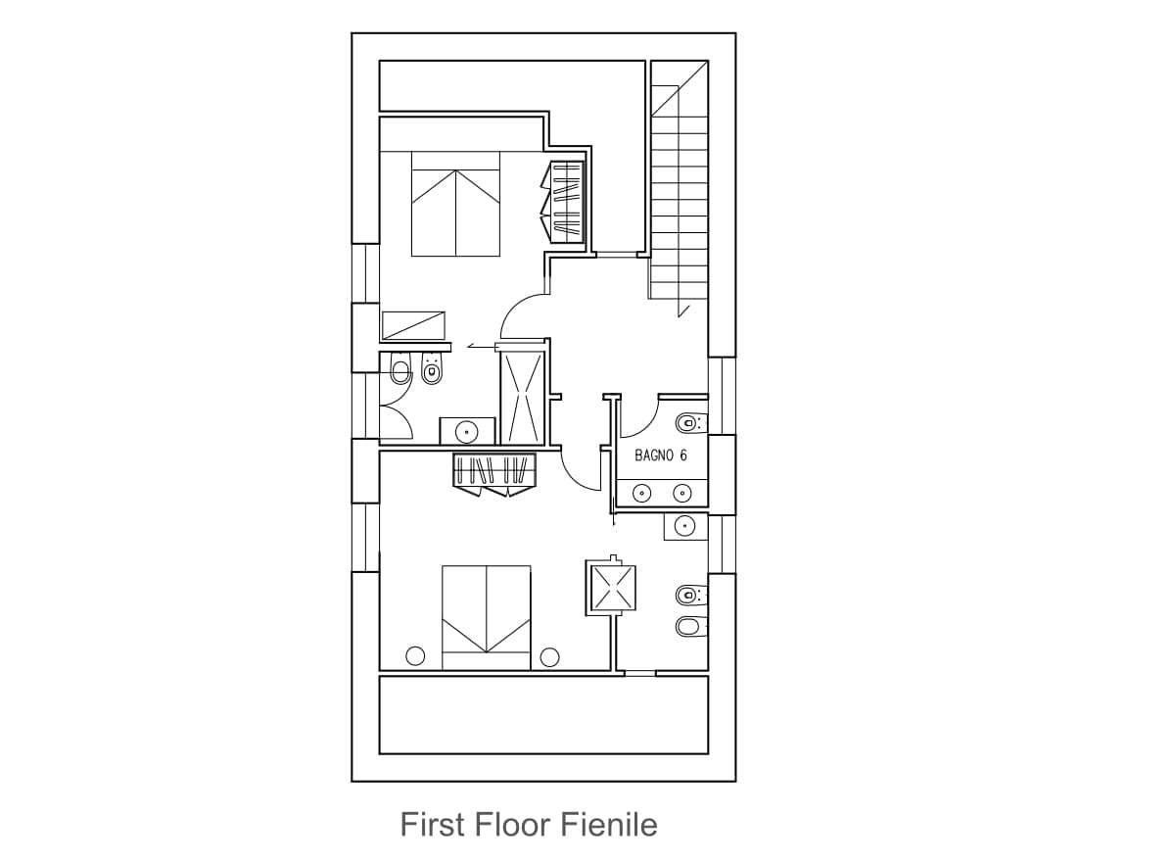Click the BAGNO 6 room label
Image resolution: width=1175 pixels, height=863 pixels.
click(x=660, y=455)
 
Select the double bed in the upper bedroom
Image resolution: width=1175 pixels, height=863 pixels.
click(x=455, y=204)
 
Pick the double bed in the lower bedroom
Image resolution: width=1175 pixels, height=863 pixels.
click(x=487, y=617)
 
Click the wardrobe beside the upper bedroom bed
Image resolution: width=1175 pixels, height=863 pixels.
click(x=562, y=202)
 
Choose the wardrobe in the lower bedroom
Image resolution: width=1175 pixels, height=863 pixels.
click(x=494, y=475)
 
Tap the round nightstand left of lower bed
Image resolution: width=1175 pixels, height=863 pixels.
click(x=415, y=655)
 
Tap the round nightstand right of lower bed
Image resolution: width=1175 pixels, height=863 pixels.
click(x=549, y=657)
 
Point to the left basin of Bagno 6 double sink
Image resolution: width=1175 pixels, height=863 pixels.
click(x=642, y=493)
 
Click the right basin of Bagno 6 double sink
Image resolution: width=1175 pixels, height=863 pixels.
click(x=681, y=493)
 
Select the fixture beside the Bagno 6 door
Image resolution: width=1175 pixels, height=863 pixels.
click(x=692, y=422)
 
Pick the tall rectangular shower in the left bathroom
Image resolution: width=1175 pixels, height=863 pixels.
click(x=522, y=398)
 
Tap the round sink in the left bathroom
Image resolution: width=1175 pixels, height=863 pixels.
click(x=467, y=432)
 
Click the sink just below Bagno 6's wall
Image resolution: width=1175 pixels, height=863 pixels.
click(x=685, y=525)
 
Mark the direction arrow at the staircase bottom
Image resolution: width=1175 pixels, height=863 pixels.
click(x=683, y=311)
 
